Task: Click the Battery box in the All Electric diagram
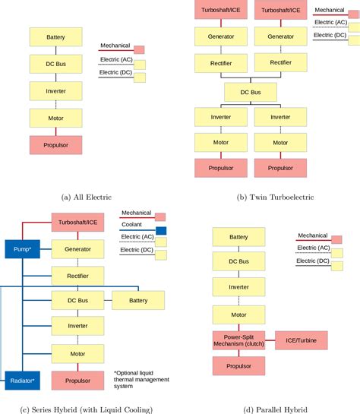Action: click(x=55, y=37)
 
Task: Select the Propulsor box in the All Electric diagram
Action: click(x=55, y=144)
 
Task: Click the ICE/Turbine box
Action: click(x=300, y=340)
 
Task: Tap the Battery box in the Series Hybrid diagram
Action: click(x=137, y=301)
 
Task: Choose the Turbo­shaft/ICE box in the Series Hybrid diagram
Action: click(x=77, y=223)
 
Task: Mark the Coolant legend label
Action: click(x=132, y=225)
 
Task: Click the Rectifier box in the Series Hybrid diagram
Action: click(x=77, y=275)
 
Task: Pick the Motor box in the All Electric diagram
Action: click(x=55, y=118)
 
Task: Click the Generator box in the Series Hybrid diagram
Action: click(x=77, y=249)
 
